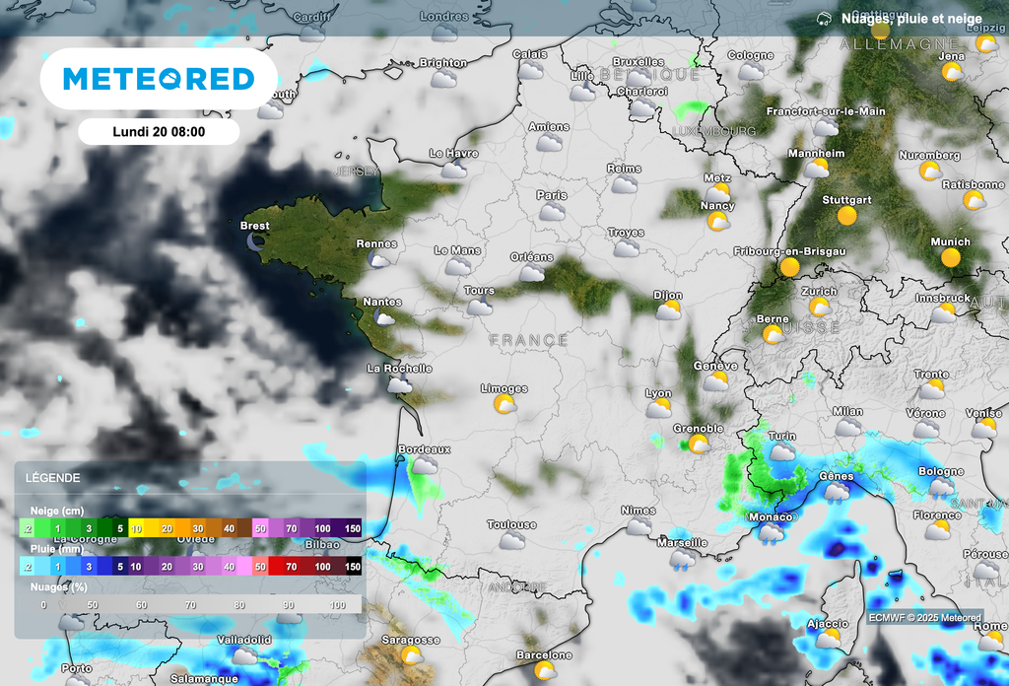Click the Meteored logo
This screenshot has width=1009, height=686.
159,79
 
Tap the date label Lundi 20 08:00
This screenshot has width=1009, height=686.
159,132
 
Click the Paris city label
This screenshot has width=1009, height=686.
552,195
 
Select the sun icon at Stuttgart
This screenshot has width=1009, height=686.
846,215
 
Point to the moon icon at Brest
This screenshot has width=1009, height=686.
257,240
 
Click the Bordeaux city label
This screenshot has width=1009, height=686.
424,449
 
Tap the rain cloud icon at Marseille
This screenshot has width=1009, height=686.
681,561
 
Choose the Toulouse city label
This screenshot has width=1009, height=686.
511,524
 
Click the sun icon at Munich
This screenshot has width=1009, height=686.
951,257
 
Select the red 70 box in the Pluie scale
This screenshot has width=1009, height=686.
291,567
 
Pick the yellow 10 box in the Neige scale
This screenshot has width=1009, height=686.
136,528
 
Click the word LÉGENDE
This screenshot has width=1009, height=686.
54,478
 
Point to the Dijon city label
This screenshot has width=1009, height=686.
667,295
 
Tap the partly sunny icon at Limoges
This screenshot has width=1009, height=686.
504,405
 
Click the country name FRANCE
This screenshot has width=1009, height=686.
529,340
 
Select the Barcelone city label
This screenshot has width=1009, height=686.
544,655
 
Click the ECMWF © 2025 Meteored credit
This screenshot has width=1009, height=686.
924,618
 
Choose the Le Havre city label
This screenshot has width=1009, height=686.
453,154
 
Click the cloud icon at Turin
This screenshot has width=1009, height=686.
782,452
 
